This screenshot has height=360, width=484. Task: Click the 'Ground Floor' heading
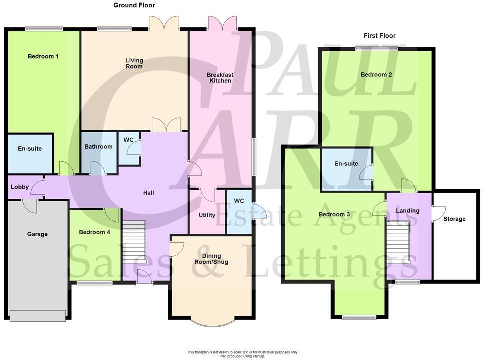point(134,5)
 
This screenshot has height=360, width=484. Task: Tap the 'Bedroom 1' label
point(43,56)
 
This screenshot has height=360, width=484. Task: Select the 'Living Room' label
point(134,63)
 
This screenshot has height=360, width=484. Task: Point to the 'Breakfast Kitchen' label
point(221,78)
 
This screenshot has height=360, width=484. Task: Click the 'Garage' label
point(37,234)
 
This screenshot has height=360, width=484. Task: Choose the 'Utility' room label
point(207,215)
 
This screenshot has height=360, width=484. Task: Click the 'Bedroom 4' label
point(95,232)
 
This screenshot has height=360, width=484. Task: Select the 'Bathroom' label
point(98,147)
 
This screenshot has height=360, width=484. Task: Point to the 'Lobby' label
point(19,187)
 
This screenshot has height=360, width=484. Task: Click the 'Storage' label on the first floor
point(454,219)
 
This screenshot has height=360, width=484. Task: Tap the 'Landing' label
point(407,211)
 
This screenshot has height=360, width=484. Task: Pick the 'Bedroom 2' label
point(376,75)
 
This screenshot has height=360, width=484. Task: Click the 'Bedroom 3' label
point(334,215)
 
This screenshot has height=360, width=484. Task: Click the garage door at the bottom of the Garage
point(37,316)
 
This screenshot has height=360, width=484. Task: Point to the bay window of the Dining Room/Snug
point(210,323)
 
